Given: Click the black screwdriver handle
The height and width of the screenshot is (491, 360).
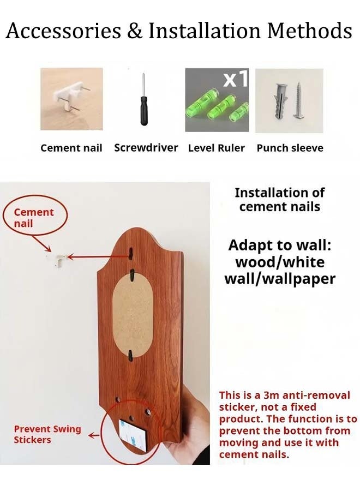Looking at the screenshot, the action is [143, 111].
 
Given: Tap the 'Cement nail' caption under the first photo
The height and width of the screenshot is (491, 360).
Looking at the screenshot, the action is [71, 148].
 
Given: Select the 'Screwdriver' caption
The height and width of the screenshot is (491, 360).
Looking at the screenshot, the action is [146, 147].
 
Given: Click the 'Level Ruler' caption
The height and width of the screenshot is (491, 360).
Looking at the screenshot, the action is [217, 148].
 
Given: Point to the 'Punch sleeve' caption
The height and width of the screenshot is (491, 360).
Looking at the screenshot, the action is [290, 148].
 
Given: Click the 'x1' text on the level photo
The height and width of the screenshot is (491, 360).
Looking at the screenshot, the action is [236, 78].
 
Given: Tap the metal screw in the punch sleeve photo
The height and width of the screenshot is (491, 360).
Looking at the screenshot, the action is [299, 100].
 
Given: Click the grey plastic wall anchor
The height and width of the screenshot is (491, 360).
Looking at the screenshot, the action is [281, 102].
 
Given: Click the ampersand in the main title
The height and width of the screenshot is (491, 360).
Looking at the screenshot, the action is [135, 31].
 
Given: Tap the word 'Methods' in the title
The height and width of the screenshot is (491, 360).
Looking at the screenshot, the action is [310, 31].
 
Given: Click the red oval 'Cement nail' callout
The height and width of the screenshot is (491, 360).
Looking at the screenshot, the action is [34, 216].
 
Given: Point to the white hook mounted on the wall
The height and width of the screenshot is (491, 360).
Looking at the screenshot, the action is [61, 261].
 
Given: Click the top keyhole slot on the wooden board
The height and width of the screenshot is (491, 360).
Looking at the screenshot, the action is [131, 253].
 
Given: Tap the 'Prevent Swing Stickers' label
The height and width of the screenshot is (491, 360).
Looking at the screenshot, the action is [47, 434].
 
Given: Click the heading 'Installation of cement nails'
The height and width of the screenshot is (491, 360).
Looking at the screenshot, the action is [280, 200].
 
